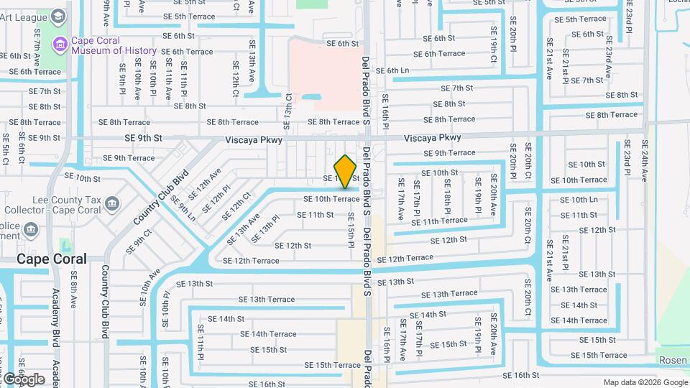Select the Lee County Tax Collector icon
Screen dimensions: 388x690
click(112, 205)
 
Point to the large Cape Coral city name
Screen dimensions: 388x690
click(52, 259)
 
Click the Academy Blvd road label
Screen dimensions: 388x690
click(56, 316)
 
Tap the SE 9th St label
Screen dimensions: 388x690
click(144, 138)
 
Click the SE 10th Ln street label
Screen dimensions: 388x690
click(579, 200)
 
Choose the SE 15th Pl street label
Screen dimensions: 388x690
click(351, 230)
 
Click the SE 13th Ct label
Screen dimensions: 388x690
click(288, 111)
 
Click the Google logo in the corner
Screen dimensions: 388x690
click(23, 379)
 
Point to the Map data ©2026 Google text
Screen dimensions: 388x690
click(645, 382)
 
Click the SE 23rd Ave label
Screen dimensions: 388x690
click(607, 62)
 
